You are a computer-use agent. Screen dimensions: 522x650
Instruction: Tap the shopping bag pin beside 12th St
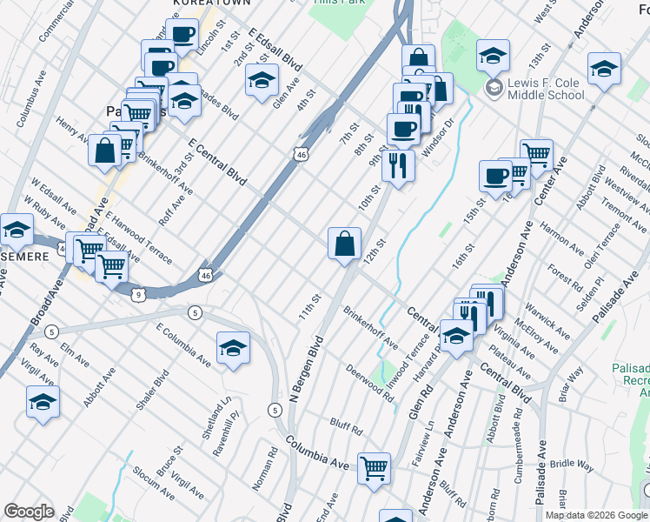[x=345, y=243]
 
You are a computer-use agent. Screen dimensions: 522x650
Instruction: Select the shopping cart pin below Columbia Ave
[x=375, y=468]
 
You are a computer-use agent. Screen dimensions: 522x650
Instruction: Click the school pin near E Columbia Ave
[x=233, y=347]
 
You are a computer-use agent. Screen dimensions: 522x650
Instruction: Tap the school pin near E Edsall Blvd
[x=260, y=80]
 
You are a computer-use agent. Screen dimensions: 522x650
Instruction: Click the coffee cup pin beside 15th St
[x=495, y=175]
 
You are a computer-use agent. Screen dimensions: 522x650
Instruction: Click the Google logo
[x=29, y=512]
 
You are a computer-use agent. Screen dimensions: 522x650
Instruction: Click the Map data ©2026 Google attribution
[x=595, y=515]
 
